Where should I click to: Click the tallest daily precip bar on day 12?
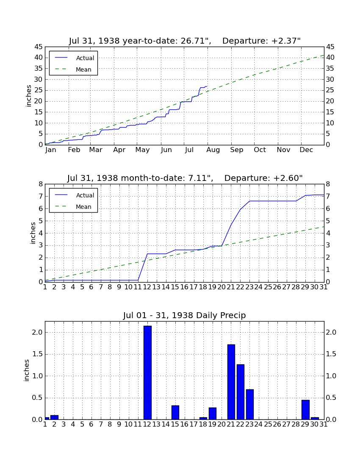[148, 373]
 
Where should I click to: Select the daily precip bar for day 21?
[231, 382]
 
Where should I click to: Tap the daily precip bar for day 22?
[241, 392]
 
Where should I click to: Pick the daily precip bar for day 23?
[250, 405]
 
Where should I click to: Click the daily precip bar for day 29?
[306, 410]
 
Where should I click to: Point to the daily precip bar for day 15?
[175, 413]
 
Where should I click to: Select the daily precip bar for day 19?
[213, 413]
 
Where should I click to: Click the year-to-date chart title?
[185, 41]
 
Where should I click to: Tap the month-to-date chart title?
[185, 178]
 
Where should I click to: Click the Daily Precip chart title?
[185, 315]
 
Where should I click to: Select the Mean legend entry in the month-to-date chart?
[73, 207]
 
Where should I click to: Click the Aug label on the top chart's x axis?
[213, 150]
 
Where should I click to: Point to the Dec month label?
[306, 150]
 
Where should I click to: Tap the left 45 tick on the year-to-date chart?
[39, 47]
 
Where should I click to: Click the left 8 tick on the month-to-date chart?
[41, 184]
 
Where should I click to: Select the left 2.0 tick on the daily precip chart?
[37, 332]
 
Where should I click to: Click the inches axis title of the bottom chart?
[27, 370]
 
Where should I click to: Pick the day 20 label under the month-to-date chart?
[222, 287]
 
